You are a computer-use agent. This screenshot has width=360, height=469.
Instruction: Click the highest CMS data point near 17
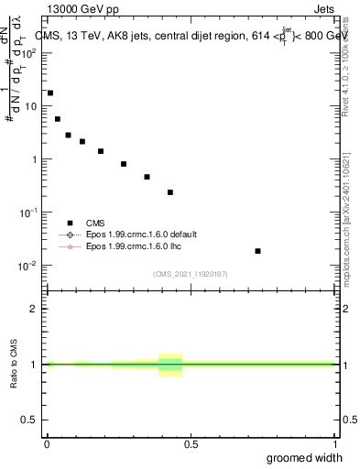(50, 93)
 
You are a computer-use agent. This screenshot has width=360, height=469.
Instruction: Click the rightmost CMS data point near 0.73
(257, 251)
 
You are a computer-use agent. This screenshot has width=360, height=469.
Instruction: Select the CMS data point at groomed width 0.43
(170, 192)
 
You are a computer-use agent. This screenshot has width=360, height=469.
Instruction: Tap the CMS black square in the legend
(70, 223)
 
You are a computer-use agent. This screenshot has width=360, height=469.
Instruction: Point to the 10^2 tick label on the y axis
(30, 52)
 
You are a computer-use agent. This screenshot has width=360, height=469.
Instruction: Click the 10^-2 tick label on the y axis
(30, 266)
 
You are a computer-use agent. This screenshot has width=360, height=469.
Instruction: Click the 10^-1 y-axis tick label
(30, 213)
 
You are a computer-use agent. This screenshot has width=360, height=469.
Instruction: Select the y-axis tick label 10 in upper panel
(33, 105)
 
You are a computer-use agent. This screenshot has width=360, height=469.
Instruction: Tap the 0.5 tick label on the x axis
(191, 443)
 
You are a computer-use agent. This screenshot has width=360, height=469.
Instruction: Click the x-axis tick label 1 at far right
(334, 443)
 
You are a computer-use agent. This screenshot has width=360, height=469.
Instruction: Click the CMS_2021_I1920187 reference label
(190, 274)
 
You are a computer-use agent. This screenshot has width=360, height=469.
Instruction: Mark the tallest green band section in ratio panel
(170, 365)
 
